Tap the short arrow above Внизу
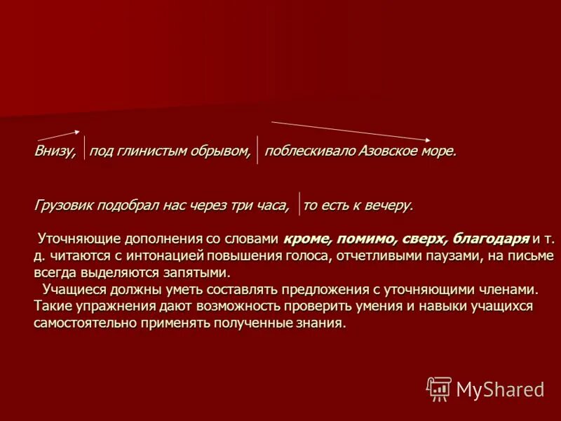click(x=57, y=135)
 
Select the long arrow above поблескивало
click(x=351, y=131)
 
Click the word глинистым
click(x=146, y=152)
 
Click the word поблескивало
click(x=311, y=152)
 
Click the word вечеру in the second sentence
click(x=388, y=205)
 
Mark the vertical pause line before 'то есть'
click(x=299, y=202)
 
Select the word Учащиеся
click(x=72, y=289)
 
